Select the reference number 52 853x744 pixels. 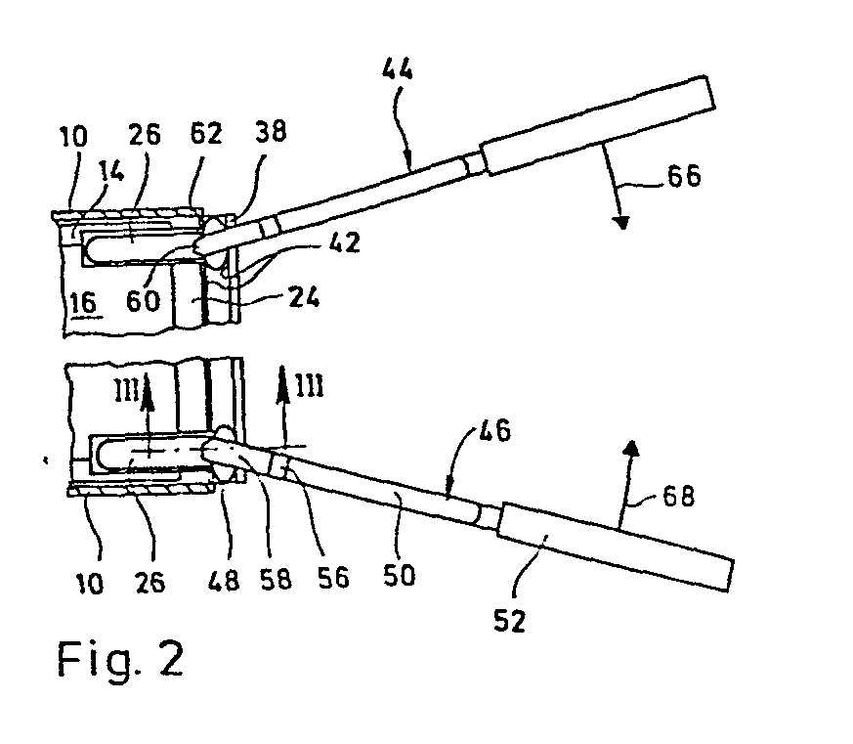coord(510,620)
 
